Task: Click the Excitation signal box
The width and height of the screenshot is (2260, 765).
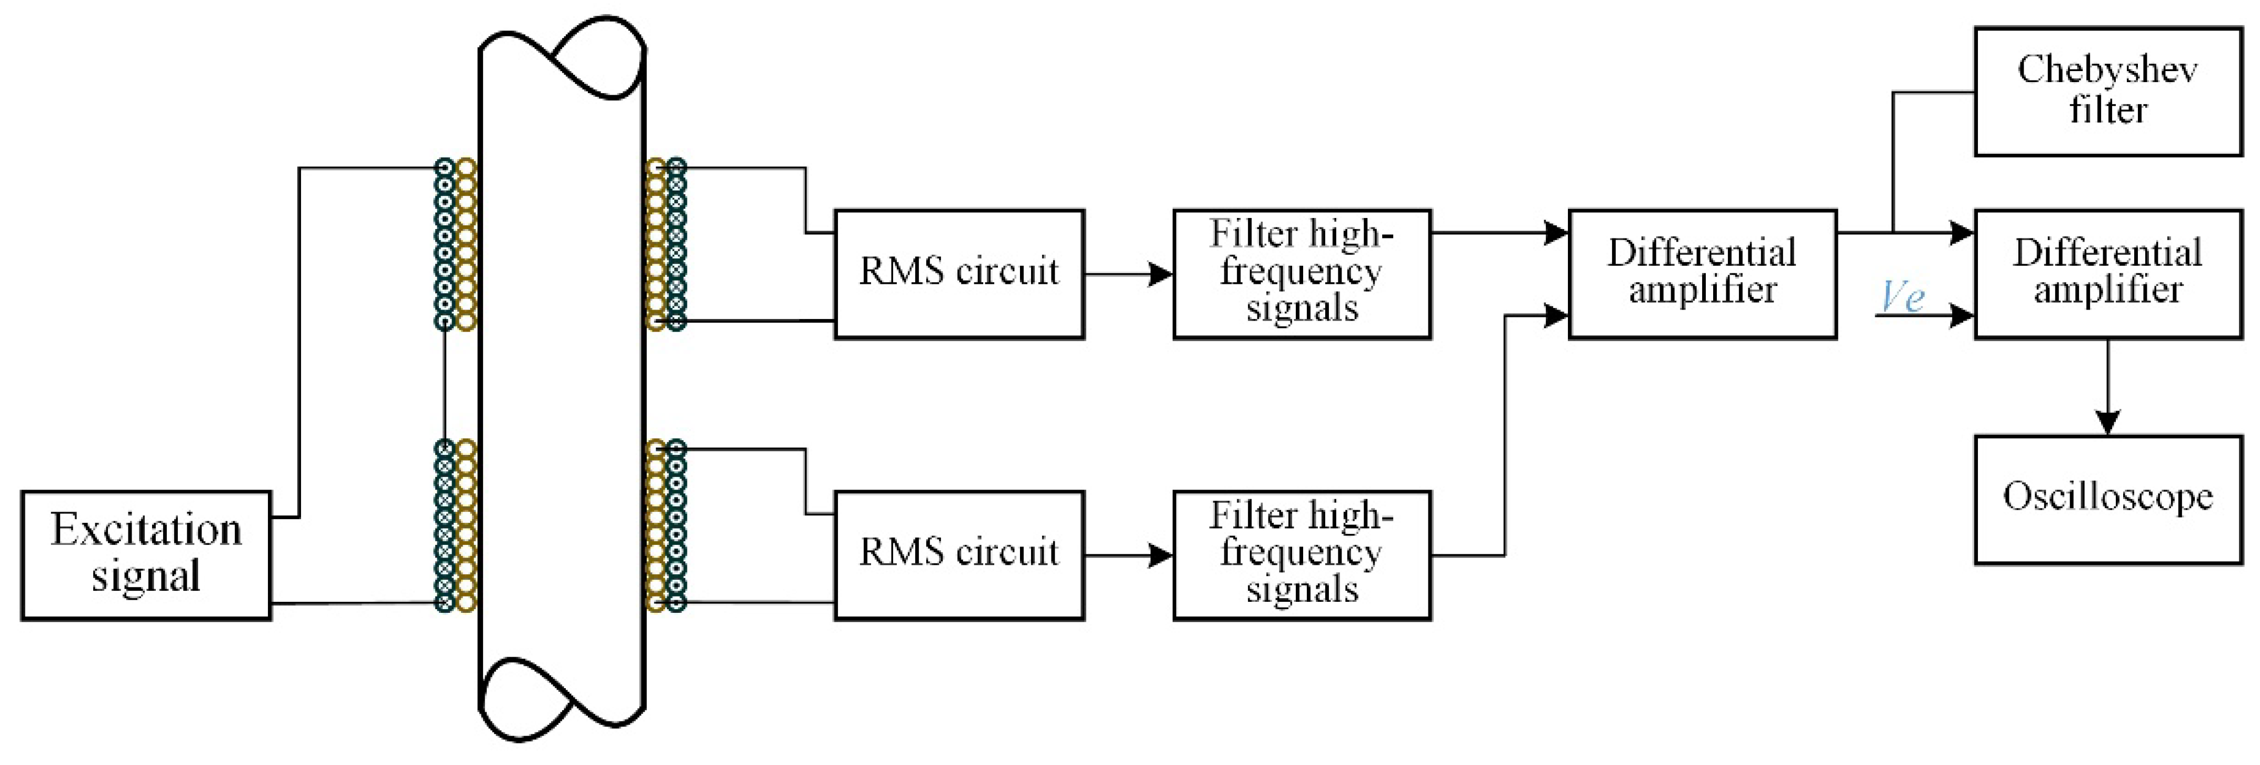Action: coord(146,555)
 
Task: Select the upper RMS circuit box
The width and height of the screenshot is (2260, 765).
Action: coord(959,274)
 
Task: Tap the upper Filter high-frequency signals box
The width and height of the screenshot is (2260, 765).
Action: coord(1302,274)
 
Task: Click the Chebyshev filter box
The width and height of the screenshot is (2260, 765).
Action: coord(2107,91)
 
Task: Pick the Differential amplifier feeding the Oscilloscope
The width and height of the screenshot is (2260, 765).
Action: coord(2107,274)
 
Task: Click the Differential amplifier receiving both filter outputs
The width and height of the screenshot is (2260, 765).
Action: coord(1702,274)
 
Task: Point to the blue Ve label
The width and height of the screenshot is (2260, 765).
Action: coord(1902,296)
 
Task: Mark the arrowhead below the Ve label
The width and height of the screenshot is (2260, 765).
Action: coord(1960,315)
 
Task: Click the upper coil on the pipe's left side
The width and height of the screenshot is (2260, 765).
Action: coord(455,244)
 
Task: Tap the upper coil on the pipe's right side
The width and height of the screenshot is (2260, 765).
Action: coord(666,244)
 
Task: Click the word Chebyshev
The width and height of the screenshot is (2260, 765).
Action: coord(2107,70)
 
